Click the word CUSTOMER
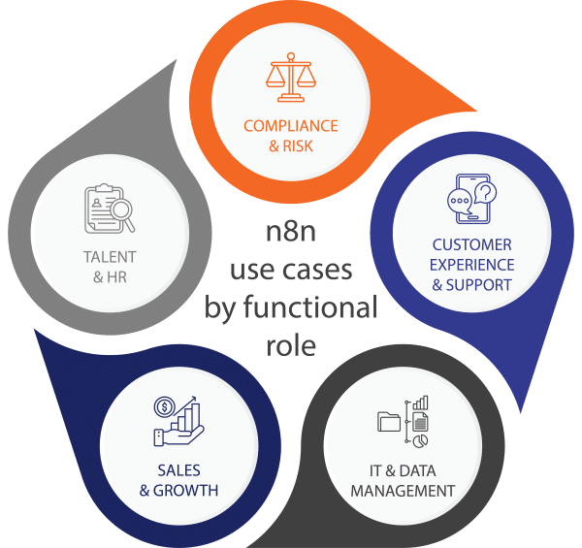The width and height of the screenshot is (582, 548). click(x=471, y=245)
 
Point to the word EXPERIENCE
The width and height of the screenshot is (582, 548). click(x=471, y=265)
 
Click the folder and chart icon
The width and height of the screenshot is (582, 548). click(x=404, y=424)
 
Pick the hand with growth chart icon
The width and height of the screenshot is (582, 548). click(x=179, y=420)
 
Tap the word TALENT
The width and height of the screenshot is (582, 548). click(x=108, y=257)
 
